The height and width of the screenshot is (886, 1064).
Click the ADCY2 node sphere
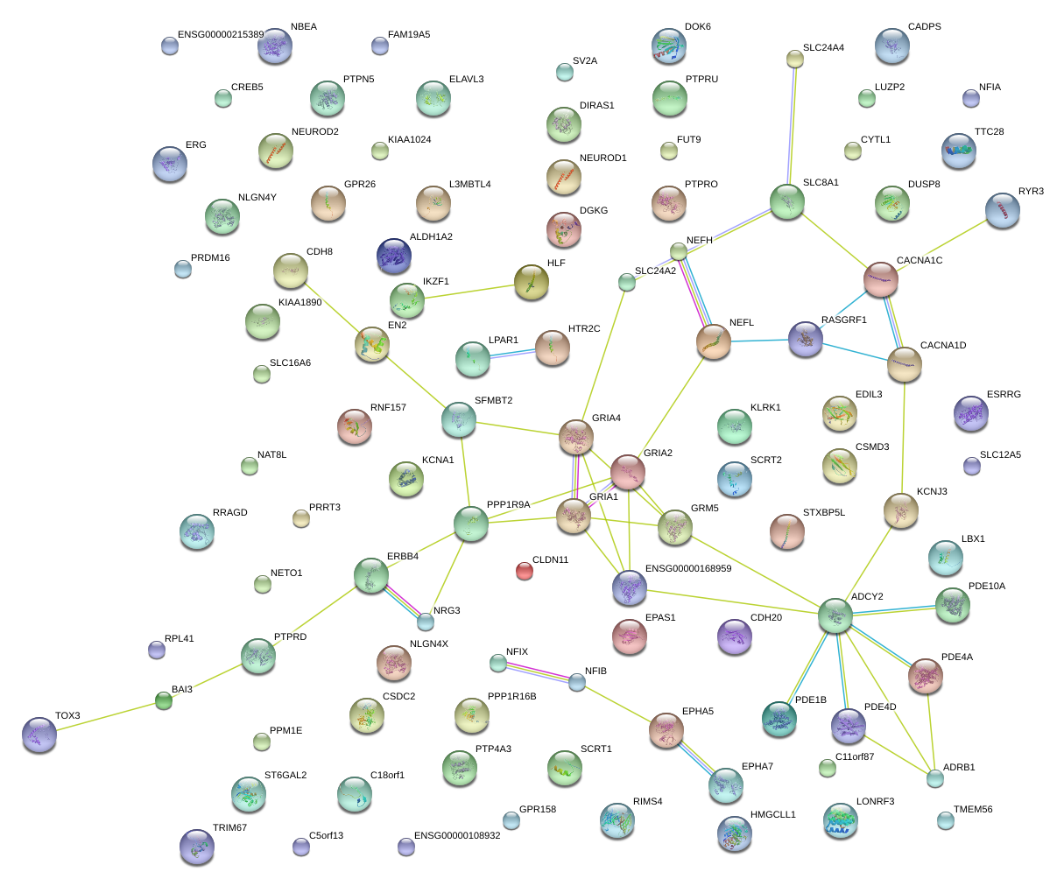835,615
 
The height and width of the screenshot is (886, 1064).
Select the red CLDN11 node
525,571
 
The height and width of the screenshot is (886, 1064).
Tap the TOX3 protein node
39,734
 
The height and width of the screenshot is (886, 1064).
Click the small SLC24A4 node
794,59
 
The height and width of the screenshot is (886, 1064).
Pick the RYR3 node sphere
1002,210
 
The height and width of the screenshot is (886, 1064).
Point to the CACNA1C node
880,278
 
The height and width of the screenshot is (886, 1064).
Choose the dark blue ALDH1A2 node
393,255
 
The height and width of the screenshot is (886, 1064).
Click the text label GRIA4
606,418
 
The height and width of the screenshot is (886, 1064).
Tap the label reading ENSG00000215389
220,35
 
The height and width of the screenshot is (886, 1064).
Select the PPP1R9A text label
508,504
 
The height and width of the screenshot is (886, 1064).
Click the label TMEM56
973,810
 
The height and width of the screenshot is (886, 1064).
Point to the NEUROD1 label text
602,158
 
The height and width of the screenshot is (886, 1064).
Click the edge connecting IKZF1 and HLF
469,292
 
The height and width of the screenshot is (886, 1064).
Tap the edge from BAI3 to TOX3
102,716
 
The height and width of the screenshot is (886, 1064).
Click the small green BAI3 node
164,700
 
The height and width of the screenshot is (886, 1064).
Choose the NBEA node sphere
274,46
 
